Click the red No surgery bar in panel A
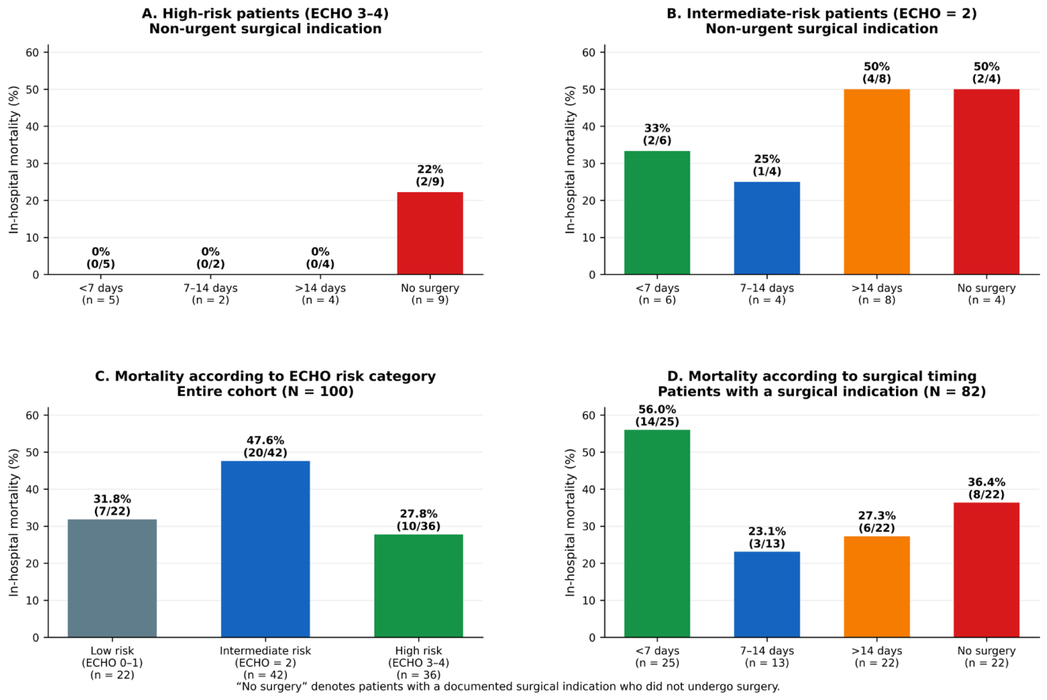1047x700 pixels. click(x=430, y=233)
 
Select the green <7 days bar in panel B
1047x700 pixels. click(x=657, y=213)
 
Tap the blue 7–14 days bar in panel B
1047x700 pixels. click(x=767, y=228)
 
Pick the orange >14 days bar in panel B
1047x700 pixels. click(x=877, y=182)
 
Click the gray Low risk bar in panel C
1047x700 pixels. click(x=112, y=578)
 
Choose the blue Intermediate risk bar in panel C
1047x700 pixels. click(x=266, y=549)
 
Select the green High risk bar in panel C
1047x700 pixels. click(x=419, y=585)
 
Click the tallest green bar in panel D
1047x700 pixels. click(x=657, y=533)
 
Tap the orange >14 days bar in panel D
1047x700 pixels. click(x=877, y=586)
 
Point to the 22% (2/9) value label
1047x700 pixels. click(x=430, y=175)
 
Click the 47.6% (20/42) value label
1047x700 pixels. click(x=266, y=446)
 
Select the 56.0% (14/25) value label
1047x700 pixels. click(x=657, y=416)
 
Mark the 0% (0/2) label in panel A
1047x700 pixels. click(x=210, y=258)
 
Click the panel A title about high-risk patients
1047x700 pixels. click(x=266, y=21)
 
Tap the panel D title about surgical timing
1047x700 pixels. click(x=822, y=384)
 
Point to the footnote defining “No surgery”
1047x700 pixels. click(x=508, y=687)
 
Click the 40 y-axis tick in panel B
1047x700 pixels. click(x=589, y=126)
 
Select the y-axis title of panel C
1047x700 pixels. click(x=13, y=522)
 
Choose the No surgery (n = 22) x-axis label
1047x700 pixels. click(x=986, y=657)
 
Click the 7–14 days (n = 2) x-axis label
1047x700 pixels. click(x=210, y=294)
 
